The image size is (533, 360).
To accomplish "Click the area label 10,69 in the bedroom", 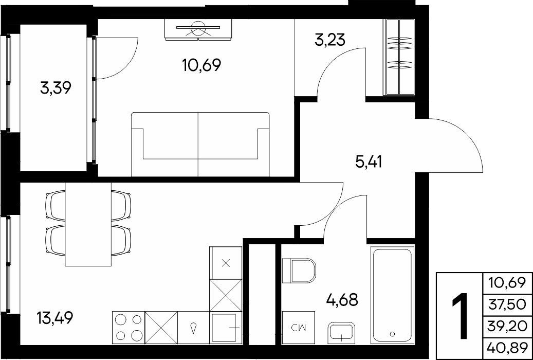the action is tap(201, 65).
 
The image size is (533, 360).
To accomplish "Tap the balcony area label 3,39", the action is tap(56, 89).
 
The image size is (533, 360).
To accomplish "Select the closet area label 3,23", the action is tap(330, 40).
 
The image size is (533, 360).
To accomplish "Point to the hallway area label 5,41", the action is tap(369, 162).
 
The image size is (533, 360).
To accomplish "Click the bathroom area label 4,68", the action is tap(342, 300).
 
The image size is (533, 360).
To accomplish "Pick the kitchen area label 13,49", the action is tap(54, 318).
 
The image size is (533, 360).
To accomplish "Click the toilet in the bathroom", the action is tap(299, 271).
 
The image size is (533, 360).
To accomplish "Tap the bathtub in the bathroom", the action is tap(393, 295).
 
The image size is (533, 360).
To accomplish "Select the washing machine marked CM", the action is tap(299, 327).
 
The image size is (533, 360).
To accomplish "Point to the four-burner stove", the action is tap(128, 327).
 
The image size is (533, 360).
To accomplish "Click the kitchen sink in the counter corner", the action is tap(226, 327).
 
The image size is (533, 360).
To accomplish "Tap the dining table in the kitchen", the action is tap(88, 224).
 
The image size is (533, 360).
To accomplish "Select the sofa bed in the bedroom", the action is tap(200, 144).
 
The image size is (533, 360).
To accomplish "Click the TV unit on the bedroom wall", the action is tap(198, 30).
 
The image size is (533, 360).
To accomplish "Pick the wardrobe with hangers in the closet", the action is tap(399, 57).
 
